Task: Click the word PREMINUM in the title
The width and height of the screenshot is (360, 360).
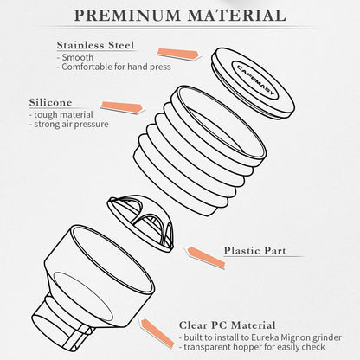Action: click(x=127, y=15)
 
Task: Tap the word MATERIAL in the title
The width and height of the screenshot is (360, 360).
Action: click(x=237, y=15)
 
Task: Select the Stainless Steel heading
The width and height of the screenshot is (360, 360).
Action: click(x=95, y=45)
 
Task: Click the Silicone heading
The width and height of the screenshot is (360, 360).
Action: click(x=50, y=102)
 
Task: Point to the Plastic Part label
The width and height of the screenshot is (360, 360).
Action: click(x=255, y=251)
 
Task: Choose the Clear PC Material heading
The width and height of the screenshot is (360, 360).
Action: click(x=228, y=325)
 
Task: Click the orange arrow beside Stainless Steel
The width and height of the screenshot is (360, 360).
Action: click(x=177, y=54)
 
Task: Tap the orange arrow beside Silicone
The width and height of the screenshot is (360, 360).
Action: click(x=122, y=106)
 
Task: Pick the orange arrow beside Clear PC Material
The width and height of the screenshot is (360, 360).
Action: click(x=157, y=332)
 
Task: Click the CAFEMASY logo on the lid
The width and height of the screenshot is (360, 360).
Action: click(x=255, y=80)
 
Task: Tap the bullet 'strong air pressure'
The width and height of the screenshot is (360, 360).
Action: click(x=69, y=125)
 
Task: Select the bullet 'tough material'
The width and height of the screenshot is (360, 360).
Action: click(x=61, y=115)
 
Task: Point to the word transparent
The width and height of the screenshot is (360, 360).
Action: click(x=207, y=347)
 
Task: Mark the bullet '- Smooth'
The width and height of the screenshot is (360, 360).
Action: click(x=75, y=57)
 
